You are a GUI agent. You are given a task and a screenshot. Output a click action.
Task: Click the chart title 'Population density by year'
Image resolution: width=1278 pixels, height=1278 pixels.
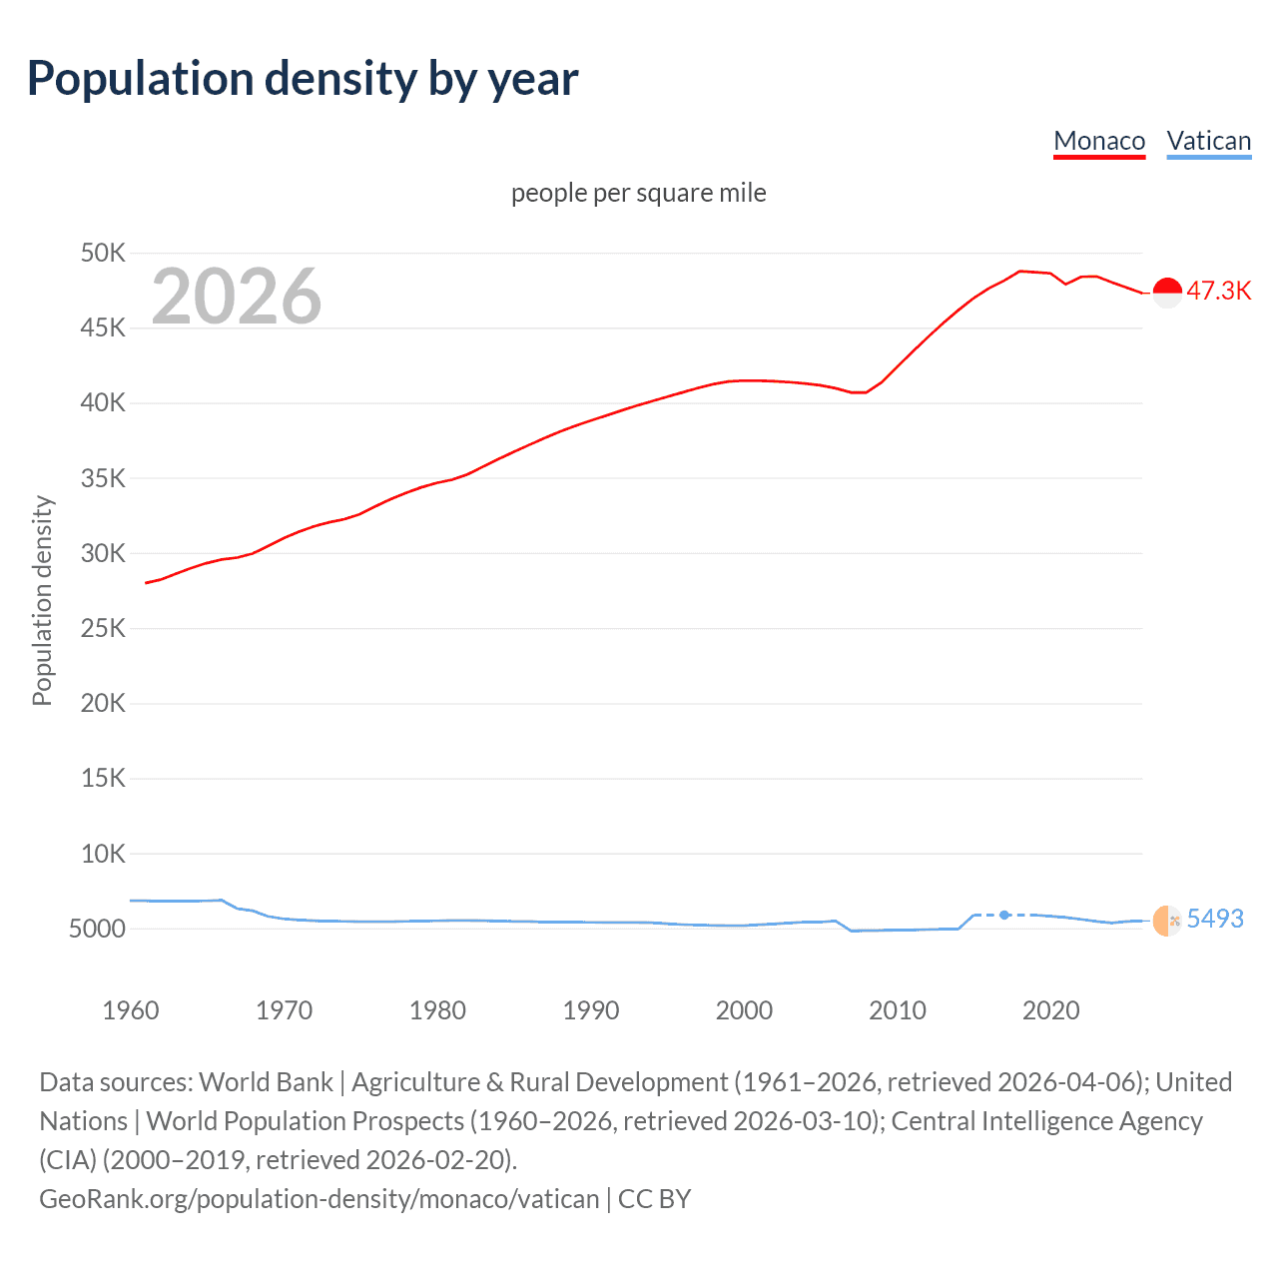click(x=303, y=79)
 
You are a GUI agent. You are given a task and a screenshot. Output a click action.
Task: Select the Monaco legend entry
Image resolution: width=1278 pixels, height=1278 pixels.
click(x=1099, y=141)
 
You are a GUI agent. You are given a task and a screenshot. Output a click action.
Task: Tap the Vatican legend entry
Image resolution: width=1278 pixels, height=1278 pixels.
click(x=1208, y=141)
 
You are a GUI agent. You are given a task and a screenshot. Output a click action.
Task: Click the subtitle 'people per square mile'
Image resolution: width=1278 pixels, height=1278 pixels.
click(x=638, y=193)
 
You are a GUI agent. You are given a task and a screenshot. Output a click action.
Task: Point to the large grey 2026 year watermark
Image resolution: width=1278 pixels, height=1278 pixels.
click(x=237, y=297)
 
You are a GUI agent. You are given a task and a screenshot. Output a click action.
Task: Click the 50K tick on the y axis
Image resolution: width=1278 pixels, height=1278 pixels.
click(x=103, y=253)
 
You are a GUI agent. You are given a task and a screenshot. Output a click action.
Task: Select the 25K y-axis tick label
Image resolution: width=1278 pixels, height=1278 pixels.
click(x=103, y=628)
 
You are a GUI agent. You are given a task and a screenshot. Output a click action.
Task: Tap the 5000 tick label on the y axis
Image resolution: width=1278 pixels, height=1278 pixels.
click(x=98, y=929)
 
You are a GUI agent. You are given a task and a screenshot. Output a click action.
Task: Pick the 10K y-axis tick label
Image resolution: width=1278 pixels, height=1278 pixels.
click(x=103, y=854)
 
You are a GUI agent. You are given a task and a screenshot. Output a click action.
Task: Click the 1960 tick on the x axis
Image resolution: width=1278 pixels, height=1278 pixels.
click(x=131, y=1010)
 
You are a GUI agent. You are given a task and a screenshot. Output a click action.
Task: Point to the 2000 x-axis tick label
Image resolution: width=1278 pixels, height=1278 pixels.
click(x=744, y=1010)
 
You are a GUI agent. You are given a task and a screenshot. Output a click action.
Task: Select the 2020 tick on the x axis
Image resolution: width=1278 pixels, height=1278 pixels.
click(x=1050, y=1010)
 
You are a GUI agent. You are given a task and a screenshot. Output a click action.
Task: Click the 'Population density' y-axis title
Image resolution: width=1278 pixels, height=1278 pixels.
click(x=42, y=601)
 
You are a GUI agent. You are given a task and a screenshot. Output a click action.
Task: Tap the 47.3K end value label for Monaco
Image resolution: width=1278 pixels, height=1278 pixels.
click(x=1218, y=292)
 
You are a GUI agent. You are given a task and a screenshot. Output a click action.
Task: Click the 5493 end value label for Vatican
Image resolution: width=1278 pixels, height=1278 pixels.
click(x=1215, y=919)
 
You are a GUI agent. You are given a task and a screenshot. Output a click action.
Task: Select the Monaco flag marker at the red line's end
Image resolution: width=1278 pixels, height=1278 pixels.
click(x=1167, y=293)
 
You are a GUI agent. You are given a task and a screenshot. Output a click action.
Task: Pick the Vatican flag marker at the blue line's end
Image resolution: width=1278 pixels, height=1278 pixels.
click(x=1166, y=921)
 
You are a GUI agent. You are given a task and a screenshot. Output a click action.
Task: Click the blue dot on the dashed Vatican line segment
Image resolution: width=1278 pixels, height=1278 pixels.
click(x=1004, y=915)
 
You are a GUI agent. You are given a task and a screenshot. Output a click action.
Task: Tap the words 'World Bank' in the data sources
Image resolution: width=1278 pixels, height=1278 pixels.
click(x=266, y=1082)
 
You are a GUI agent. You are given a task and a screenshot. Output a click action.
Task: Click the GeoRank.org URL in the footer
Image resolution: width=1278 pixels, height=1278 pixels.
click(x=319, y=1198)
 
